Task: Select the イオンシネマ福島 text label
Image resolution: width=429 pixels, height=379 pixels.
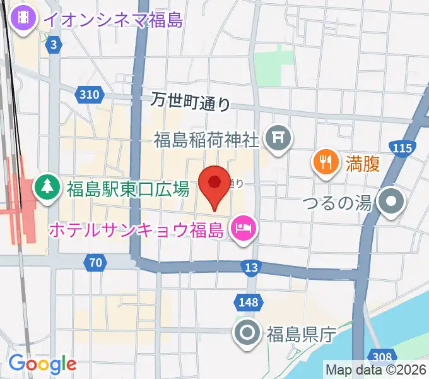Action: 113,20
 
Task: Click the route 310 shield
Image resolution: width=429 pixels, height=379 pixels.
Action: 90,95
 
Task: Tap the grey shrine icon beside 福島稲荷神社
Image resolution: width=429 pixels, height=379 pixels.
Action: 277,137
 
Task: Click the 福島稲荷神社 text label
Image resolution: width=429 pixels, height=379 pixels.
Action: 208,138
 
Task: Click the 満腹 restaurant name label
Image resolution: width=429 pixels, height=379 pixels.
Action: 362,164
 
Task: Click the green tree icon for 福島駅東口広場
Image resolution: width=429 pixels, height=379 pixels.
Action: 46,186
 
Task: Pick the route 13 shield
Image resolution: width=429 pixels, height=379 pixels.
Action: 251,268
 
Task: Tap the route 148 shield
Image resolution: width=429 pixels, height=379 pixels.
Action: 248,303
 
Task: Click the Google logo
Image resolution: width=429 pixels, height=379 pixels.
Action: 42,364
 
